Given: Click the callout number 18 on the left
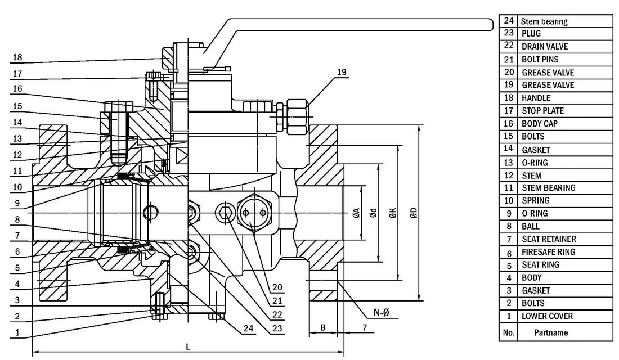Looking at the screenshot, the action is pos(17,57).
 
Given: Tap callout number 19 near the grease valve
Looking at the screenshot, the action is pos(342,72).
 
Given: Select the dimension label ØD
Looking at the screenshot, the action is pos(414,213).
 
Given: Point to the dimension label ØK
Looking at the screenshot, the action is pos(392,213).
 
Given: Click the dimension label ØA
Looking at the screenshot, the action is pos(356,213).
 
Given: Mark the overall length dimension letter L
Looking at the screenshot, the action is pos(188,347).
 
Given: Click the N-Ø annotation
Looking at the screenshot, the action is pos(382,313).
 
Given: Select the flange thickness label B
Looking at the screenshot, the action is pos(323,327).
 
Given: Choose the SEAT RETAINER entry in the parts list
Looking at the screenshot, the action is pos(549,239).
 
